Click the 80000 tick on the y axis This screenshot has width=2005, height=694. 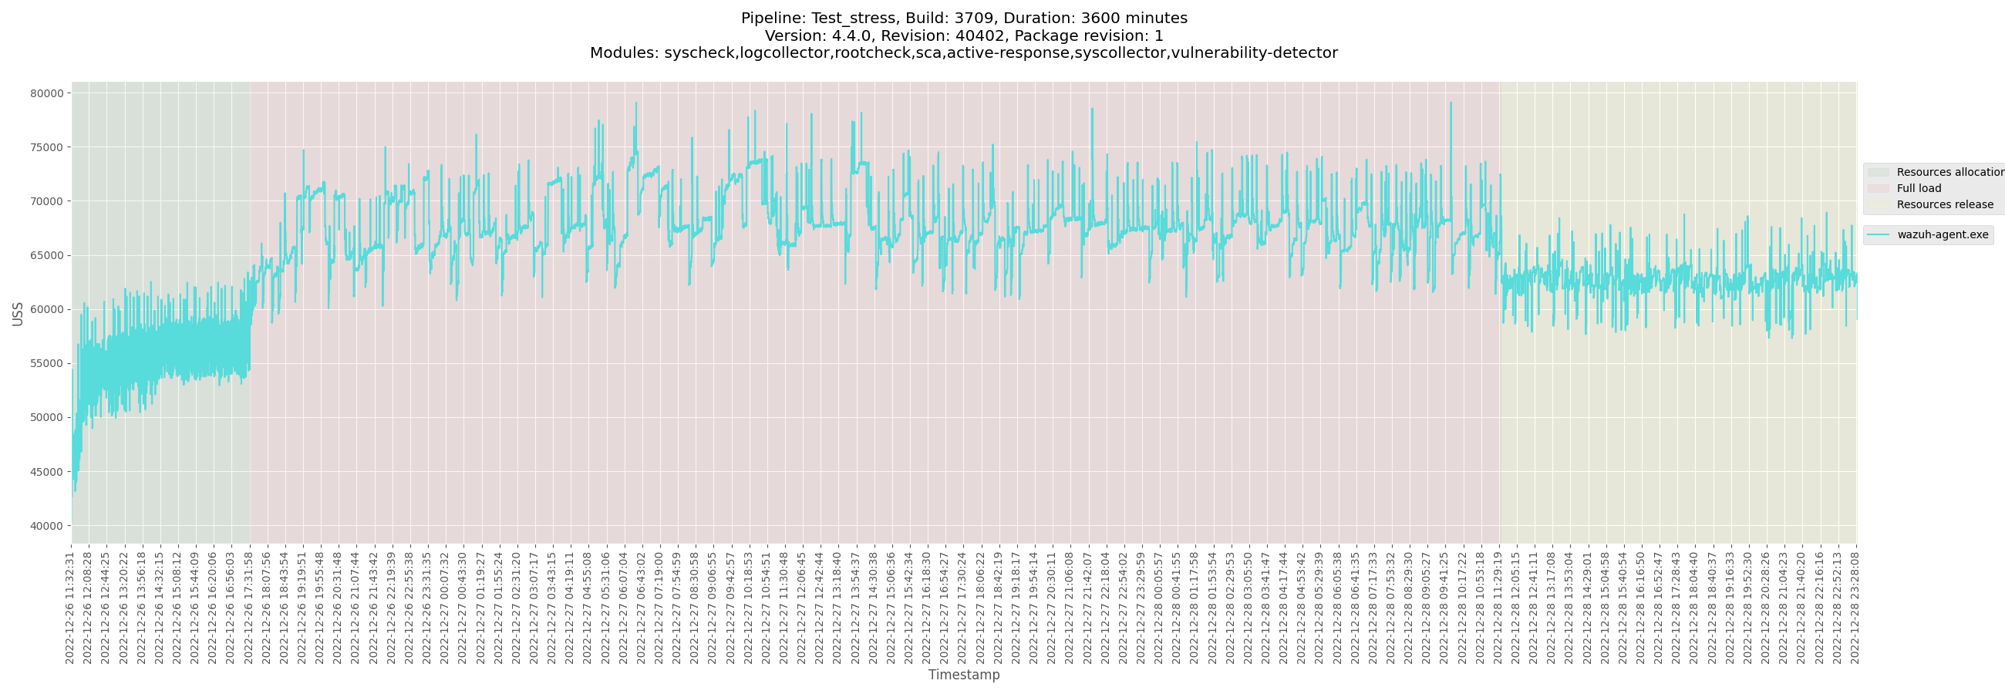(x=47, y=93)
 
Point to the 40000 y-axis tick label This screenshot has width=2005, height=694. (x=47, y=526)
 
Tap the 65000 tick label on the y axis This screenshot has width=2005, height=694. (x=47, y=255)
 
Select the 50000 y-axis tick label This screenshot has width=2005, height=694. (x=47, y=418)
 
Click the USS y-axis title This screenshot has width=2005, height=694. (x=18, y=314)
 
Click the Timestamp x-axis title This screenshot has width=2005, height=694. (x=964, y=675)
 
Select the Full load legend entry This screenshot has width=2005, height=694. (x=1919, y=188)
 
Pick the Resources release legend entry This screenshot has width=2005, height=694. (x=1944, y=204)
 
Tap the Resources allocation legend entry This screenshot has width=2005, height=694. (x=1949, y=172)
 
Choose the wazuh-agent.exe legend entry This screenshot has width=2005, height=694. (x=1942, y=235)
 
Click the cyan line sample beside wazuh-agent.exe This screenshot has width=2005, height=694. (x=1878, y=235)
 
